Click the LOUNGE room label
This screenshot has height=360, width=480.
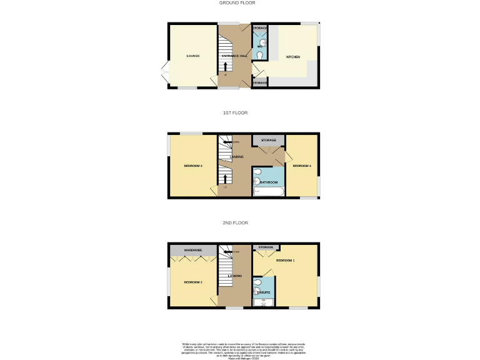[x=192, y=57]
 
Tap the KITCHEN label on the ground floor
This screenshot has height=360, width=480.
[x=292, y=57]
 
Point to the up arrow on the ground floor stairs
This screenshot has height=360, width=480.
[x=226, y=66]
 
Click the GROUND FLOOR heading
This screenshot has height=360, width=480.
[x=237, y=3]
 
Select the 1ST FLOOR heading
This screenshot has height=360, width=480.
[x=236, y=113]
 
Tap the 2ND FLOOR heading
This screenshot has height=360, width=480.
[x=236, y=222]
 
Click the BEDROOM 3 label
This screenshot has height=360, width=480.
[x=192, y=166]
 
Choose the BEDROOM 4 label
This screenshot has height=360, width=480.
[x=301, y=166]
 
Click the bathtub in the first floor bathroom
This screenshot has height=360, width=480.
[x=269, y=192]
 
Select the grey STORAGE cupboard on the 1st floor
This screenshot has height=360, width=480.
[x=268, y=140]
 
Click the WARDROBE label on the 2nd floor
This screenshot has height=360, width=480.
[x=193, y=250]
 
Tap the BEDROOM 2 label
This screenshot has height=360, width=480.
[x=192, y=282]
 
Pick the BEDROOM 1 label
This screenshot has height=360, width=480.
[x=285, y=260]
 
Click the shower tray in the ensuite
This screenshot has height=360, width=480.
[x=264, y=303]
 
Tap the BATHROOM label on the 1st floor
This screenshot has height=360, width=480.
[x=269, y=182]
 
